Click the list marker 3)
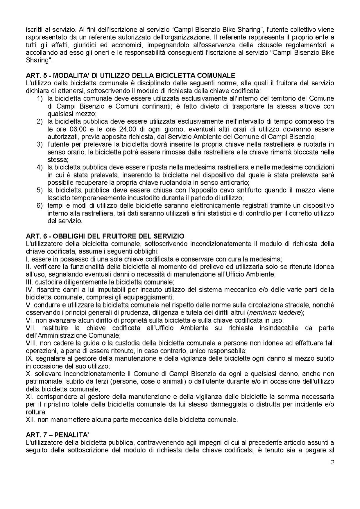click(x=40, y=144)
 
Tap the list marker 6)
click(x=40, y=206)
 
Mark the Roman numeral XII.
click(x=31, y=419)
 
